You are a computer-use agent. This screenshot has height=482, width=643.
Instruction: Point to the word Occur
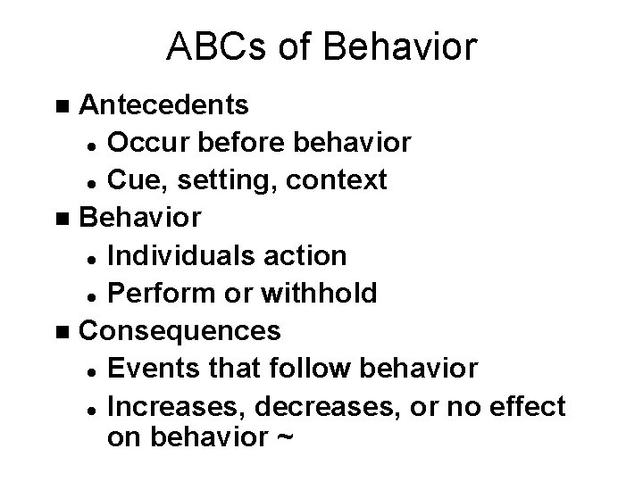click(144, 143)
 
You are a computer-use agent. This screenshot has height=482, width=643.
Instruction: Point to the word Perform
click(158, 294)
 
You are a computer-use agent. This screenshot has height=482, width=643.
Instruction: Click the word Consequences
click(180, 331)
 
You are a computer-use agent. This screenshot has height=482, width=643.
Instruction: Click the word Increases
click(177, 407)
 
